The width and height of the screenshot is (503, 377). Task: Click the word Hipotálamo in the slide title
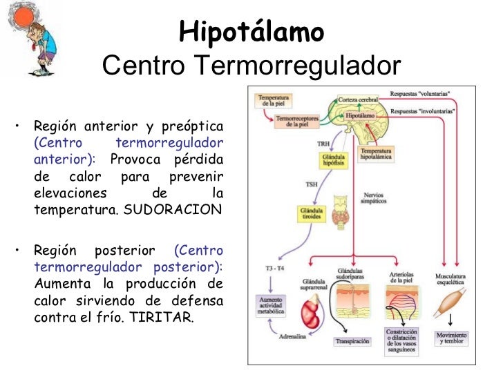[251, 31]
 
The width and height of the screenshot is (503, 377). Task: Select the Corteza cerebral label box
[357, 100]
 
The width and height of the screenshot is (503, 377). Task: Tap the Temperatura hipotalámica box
[376, 153]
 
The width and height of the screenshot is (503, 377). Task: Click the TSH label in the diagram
[312, 184]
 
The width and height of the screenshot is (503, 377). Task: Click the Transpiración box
[353, 341]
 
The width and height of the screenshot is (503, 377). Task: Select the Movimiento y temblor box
[451, 338]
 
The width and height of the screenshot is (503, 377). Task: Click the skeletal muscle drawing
[450, 299]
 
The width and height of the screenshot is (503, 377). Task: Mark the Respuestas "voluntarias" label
[420, 93]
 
